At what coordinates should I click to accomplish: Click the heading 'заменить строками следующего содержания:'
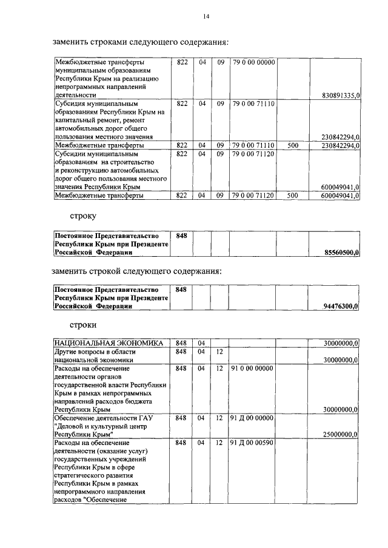pos(140,42)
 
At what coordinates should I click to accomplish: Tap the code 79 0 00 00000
pos(253,62)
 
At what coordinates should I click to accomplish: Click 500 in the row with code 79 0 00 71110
pos(293,146)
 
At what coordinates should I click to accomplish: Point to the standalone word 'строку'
pos(82,216)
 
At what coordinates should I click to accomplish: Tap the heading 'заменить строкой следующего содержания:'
pos(137,270)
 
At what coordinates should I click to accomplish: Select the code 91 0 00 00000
pos(253,368)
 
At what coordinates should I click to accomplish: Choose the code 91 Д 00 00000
pos(253,418)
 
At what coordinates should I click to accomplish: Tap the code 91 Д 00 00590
pos(253,443)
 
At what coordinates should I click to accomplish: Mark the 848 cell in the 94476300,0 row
pos(181,290)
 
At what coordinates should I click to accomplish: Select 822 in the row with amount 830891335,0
pos(181,62)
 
